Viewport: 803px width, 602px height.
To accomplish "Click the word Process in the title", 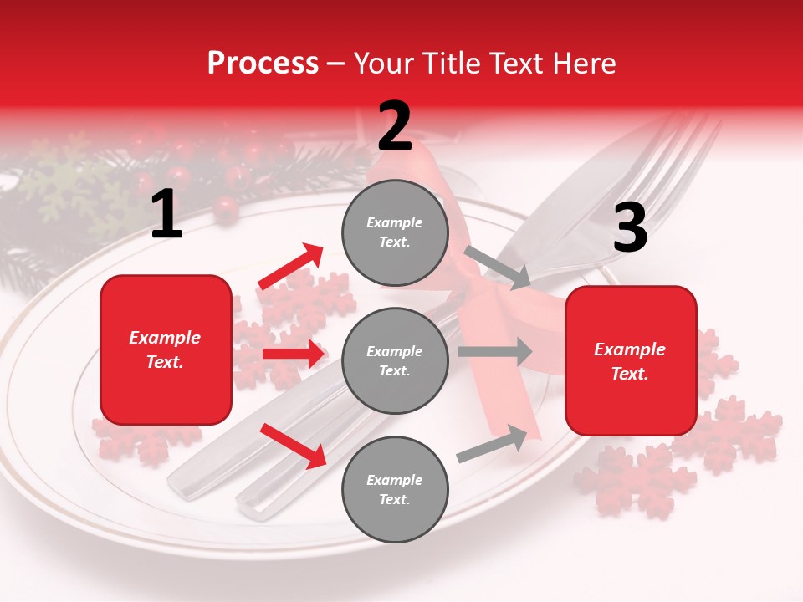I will click(263, 64).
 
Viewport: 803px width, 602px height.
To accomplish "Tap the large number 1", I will click(166, 215).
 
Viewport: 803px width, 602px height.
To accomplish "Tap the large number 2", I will click(395, 126).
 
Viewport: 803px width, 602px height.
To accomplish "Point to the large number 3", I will click(630, 227).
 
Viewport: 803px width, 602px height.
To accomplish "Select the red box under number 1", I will click(166, 349).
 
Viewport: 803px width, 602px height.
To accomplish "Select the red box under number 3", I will click(631, 361).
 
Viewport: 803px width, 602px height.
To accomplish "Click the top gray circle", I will click(395, 232).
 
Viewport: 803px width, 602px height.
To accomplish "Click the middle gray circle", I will click(395, 360).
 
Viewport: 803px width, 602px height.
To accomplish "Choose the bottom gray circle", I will click(395, 489).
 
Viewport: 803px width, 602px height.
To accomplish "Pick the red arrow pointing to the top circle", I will click(291, 267).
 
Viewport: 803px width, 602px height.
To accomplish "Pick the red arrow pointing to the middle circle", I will click(293, 354).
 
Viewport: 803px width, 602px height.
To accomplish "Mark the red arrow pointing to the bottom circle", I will click(294, 445).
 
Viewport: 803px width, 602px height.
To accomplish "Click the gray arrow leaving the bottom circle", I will click(493, 443).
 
